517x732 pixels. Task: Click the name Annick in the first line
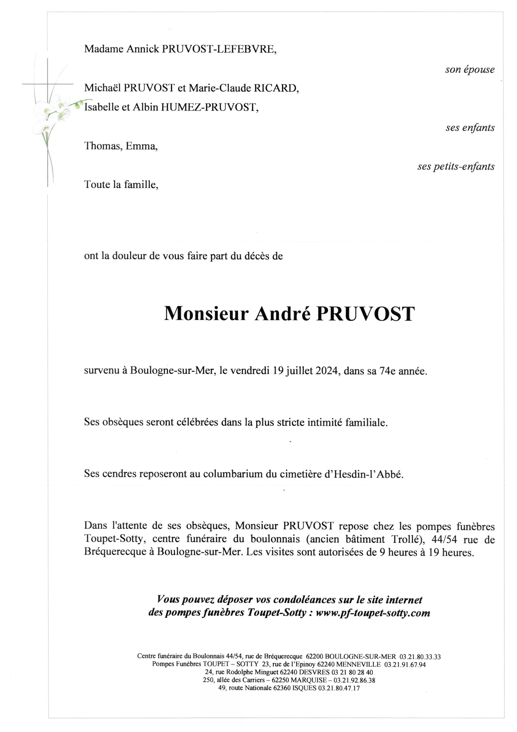coord(143,49)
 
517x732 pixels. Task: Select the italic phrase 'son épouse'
coord(470,69)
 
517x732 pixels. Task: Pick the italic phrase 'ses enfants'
coord(470,128)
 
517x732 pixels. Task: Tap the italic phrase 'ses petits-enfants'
coord(456,166)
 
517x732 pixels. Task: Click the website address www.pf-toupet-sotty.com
coord(373,613)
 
